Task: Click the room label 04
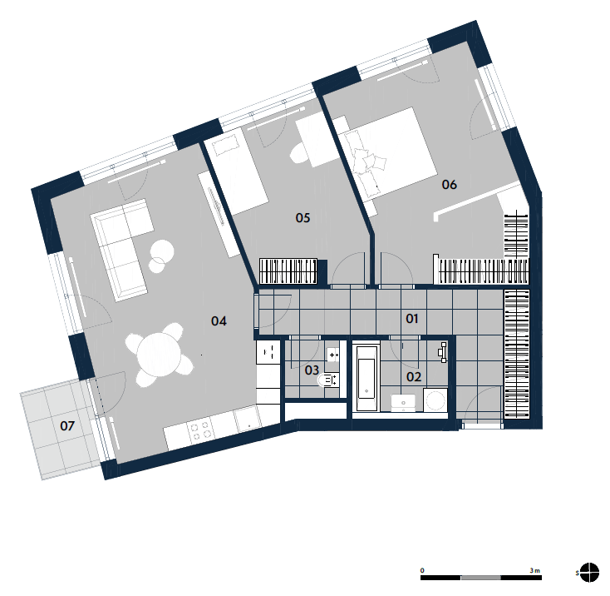point(219,321)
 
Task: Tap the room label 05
point(303,218)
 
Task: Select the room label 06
point(449,184)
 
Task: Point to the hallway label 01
point(411,319)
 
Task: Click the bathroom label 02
point(414,377)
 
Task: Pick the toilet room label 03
point(312,370)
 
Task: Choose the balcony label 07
point(67,425)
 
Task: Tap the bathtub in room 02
point(366,378)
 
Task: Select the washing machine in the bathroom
point(435,400)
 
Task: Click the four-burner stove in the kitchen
point(200,430)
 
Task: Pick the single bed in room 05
point(236,171)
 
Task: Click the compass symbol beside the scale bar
point(589,572)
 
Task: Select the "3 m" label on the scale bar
point(534,570)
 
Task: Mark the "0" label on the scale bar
point(422,570)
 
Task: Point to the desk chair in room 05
point(299,153)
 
